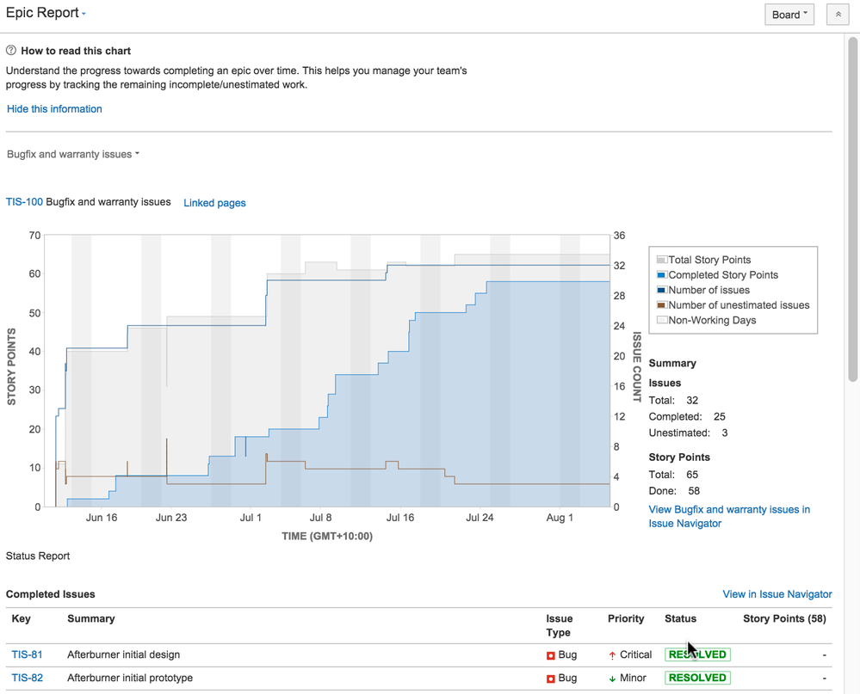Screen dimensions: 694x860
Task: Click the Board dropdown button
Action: (789, 15)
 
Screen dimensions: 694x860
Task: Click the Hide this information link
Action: (54, 109)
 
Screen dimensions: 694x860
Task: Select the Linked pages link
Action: (214, 203)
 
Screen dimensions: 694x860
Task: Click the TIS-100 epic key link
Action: (24, 203)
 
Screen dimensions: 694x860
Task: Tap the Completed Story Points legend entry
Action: (722, 275)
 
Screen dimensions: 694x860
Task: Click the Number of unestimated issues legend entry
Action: (738, 305)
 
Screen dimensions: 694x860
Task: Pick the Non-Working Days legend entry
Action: (711, 320)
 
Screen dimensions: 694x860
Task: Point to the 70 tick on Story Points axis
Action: (34, 236)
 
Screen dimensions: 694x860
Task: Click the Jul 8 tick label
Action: (321, 518)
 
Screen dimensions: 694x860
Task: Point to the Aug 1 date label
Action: (560, 518)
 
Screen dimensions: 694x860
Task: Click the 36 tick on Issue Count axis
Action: (619, 236)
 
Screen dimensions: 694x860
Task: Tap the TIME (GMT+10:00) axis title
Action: (327, 536)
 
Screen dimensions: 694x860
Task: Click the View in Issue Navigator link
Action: (776, 594)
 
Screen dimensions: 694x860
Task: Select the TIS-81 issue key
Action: (27, 654)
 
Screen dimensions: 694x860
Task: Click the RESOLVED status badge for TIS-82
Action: (696, 678)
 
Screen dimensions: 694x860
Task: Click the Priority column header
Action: (626, 618)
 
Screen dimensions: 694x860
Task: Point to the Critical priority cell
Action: (630, 654)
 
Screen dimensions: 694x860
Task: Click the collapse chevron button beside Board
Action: (838, 15)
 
